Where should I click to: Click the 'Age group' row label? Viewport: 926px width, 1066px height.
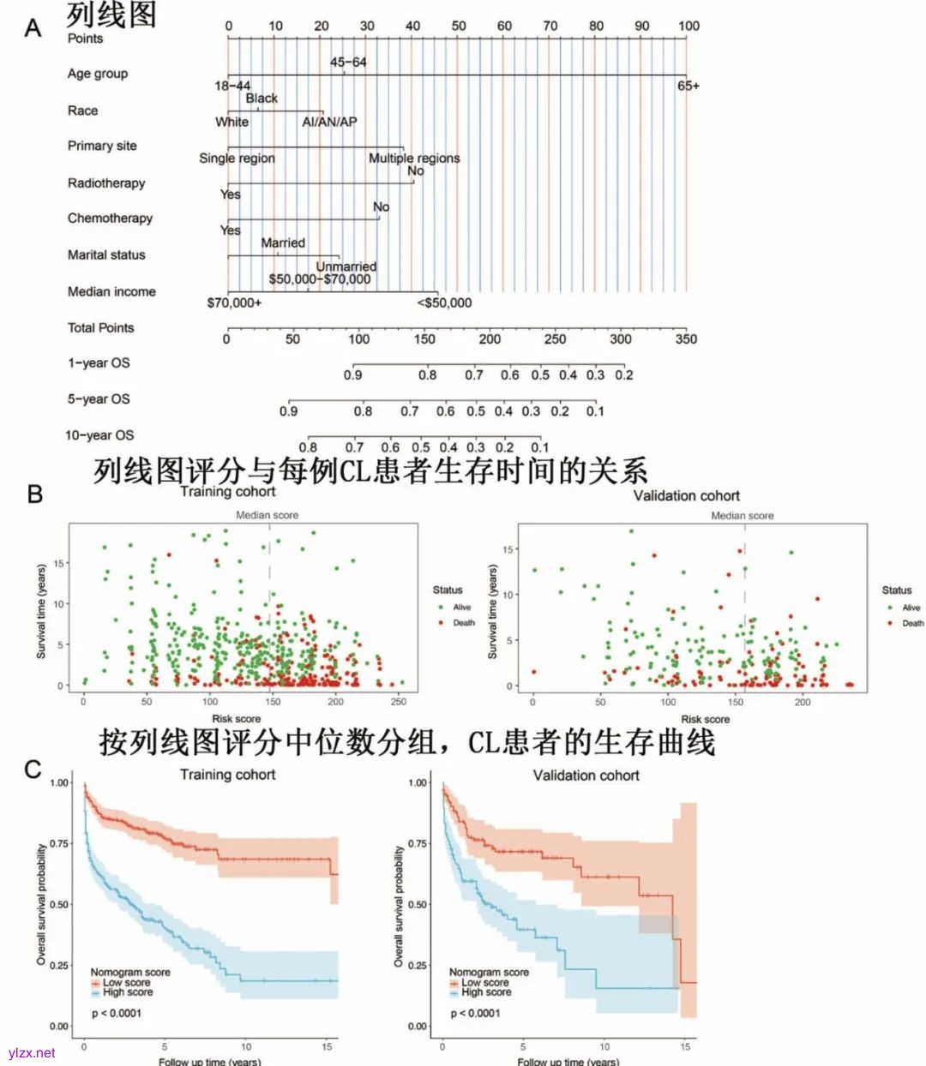(x=98, y=74)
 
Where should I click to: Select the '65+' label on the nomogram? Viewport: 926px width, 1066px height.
(x=688, y=86)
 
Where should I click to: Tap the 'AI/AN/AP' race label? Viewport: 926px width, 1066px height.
(x=329, y=122)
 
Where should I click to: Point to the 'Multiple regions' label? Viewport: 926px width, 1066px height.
(x=414, y=158)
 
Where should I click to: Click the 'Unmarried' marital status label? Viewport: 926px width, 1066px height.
(x=346, y=266)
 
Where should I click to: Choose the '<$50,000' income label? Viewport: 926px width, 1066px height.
(x=444, y=302)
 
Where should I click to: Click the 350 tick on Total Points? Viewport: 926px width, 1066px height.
(x=686, y=338)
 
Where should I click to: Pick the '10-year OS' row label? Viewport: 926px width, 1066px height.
(x=99, y=435)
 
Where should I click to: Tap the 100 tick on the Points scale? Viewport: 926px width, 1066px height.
(x=688, y=26)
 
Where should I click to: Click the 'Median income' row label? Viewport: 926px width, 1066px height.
(x=111, y=291)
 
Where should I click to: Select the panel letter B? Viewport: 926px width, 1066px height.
(x=35, y=494)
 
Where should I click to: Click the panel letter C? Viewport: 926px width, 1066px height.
(x=33, y=769)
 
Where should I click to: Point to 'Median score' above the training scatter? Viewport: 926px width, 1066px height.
(x=268, y=515)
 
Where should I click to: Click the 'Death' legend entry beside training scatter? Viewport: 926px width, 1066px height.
(x=463, y=623)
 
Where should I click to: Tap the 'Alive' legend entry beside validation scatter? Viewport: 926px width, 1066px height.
(x=911, y=608)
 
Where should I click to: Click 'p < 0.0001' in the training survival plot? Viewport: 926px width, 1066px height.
(x=117, y=1013)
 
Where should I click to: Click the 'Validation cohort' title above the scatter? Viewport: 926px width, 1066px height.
(x=686, y=495)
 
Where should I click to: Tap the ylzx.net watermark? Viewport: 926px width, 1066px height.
(x=32, y=1052)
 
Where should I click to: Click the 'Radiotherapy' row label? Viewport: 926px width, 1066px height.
(x=106, y=183)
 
